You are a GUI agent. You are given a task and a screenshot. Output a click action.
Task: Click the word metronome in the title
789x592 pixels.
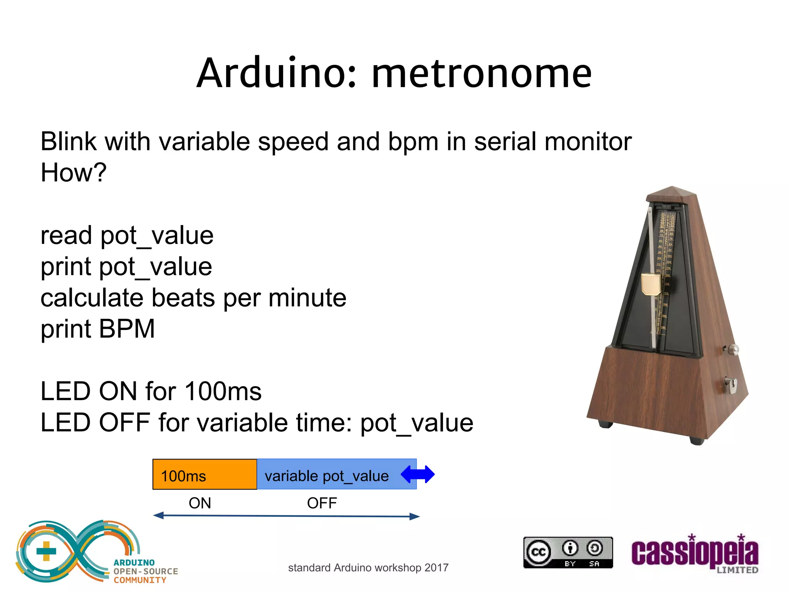(x=481, y=73)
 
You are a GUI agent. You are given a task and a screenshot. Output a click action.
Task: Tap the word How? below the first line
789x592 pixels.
(x=73, y=172)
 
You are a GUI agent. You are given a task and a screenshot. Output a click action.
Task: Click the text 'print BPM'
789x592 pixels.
(x=97, y=329)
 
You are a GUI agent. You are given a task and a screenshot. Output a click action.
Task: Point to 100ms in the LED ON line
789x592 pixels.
(x=223, y=392)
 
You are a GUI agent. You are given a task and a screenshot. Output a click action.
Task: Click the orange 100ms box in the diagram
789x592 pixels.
(x=205, y=474)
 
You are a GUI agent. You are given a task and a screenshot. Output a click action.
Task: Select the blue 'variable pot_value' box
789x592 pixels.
(x=327, y=474)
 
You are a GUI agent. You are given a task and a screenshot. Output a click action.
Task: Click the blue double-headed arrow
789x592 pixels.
(x=418, y=474)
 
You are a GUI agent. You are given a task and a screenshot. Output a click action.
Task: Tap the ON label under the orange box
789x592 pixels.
(x=200, y=503)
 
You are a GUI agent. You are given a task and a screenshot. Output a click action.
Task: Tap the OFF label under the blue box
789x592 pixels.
(x=322, y=503)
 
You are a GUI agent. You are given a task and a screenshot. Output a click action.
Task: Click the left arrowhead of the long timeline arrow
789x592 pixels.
(x=158, y=515)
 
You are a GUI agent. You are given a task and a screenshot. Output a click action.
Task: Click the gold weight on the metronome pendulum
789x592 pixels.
(x=651, y=284)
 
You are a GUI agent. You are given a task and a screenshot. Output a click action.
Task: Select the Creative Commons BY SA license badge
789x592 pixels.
(x=568, y=552)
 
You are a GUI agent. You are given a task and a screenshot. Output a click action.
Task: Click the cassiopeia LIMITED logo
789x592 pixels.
(x=695, y=554)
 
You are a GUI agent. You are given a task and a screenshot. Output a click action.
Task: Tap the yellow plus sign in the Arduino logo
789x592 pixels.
(x=46, y=551)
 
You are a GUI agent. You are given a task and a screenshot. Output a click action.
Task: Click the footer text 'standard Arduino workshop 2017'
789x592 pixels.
(x=368, y=568)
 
